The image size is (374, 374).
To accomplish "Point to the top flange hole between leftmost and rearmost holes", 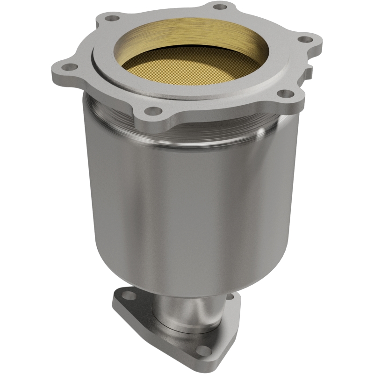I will coord(111,19).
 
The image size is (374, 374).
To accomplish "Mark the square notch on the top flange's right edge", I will coord(309,70).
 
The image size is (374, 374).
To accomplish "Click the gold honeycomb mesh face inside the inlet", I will coord(187,70).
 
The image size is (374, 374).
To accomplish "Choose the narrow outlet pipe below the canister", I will coord(187,309).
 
